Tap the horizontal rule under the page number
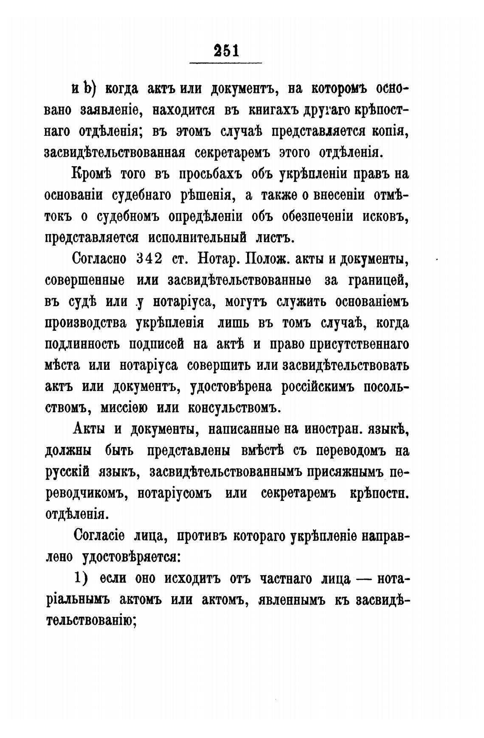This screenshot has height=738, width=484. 225,64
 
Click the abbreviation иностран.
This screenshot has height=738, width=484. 336,429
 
